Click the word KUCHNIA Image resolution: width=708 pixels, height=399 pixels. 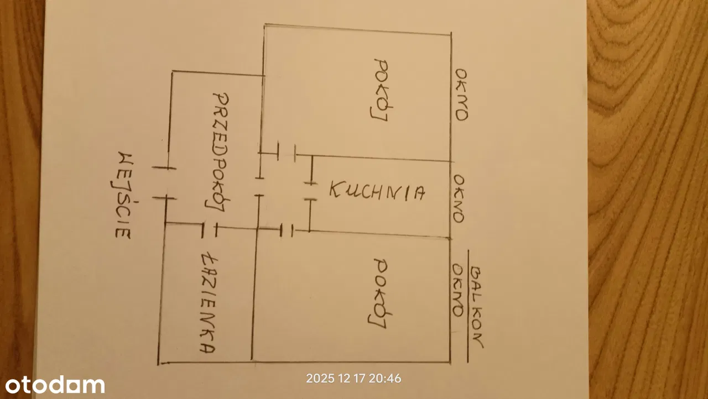377,191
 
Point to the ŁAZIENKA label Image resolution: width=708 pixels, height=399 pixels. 208,303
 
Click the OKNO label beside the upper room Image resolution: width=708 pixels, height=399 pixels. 461,95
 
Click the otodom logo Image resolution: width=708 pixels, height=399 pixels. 55,385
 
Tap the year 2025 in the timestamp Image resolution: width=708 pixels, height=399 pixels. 320,379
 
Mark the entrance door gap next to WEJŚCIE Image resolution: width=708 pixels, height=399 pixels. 164,182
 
